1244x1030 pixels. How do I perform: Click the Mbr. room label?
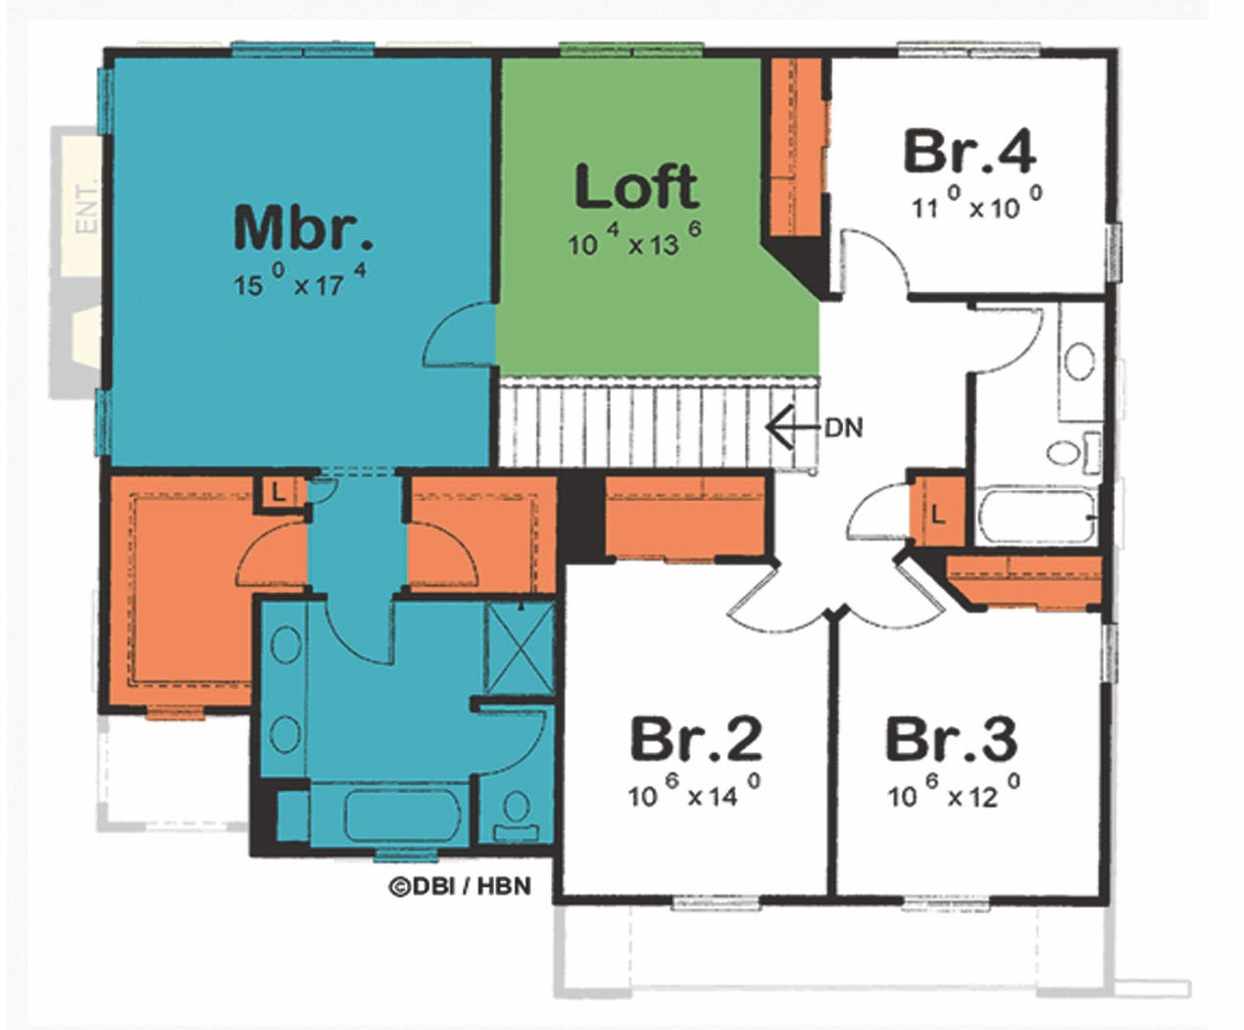(303, 227)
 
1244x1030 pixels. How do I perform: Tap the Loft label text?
(636, 186)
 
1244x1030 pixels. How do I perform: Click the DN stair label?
(844, 427)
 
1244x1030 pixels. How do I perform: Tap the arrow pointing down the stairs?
(794, 427)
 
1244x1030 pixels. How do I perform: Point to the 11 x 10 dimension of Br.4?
(977, 204)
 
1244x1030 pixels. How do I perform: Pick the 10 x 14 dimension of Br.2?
(694, 791)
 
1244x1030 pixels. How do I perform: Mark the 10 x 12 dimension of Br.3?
(954, 791)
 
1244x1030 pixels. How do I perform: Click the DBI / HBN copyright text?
(460, 887)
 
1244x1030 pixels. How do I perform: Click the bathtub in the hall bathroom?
(1038, 515)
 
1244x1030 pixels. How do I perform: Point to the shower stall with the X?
(521, 647)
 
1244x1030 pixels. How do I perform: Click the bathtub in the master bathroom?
(403, 815)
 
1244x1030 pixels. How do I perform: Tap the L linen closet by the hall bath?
(938, 514)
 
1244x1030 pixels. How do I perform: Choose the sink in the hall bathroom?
(1079, 362)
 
